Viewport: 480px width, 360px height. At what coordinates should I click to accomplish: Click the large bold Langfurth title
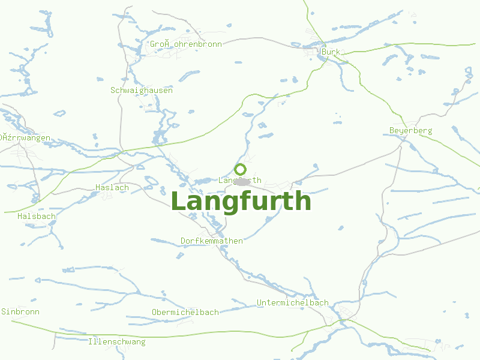241,202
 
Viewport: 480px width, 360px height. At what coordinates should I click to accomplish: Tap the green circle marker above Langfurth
241,169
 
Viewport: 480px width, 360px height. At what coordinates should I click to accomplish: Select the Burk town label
331,52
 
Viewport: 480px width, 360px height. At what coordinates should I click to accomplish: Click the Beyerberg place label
410,130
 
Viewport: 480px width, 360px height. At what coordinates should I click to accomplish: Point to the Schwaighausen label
142,91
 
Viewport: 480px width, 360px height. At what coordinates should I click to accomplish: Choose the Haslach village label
112,188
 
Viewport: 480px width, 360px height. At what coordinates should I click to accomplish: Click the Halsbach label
37,216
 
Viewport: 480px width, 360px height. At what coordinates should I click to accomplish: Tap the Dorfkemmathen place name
212,241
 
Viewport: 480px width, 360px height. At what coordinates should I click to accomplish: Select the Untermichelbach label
293,303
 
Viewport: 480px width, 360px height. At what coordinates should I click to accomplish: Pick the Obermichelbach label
185,313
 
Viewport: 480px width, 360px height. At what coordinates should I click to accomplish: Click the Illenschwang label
116,342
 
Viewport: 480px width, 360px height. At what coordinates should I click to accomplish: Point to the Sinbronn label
20,312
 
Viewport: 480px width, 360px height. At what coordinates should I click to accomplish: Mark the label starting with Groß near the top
186,44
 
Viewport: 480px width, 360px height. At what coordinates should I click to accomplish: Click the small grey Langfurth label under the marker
240,180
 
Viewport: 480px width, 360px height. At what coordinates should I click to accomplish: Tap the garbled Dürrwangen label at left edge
25,138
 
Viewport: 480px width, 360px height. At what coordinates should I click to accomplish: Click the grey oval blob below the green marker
243,182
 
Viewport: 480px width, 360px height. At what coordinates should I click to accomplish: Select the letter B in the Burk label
325,52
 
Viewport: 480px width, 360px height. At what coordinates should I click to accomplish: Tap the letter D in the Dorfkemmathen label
184,241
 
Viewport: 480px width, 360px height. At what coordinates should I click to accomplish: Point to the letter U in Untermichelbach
259,303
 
